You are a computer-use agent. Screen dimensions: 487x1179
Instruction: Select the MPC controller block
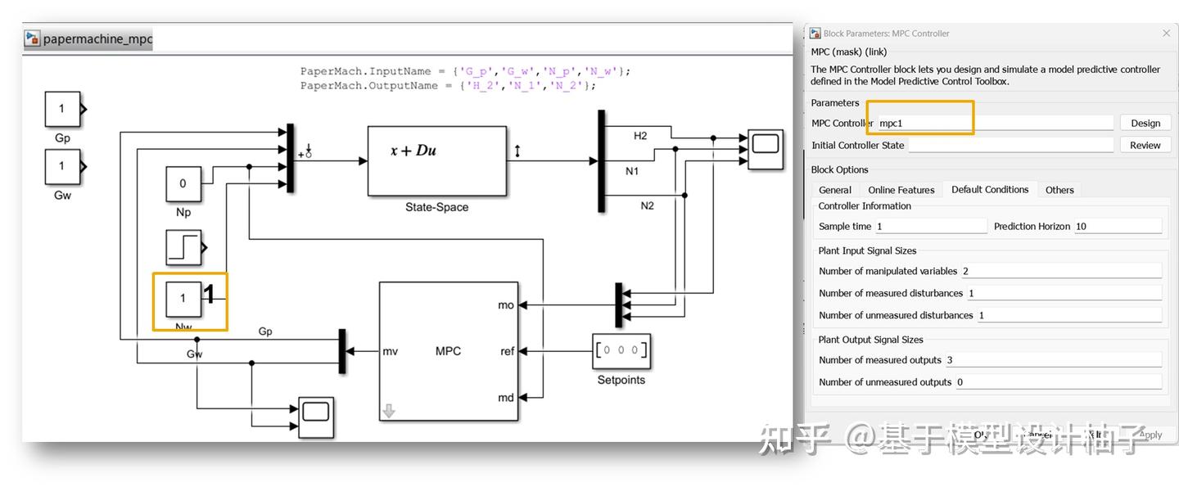pos(449,351)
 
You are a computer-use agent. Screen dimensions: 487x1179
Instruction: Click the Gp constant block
pos(62,110)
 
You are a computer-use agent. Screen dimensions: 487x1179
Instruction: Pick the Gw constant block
pos(62,167)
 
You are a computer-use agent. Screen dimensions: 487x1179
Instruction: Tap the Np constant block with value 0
pos(183,184)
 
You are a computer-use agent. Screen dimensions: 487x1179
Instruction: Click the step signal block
pos(183,247)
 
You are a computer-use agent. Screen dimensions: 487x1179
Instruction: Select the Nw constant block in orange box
pos(183,299)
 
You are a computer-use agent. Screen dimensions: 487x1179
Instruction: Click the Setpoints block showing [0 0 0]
pos(621,351)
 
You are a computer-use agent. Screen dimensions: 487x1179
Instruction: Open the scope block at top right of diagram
pos(765,148)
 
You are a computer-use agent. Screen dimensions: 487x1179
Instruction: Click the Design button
pos(1145,123)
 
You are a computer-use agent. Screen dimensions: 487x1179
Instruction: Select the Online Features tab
pos(901,190)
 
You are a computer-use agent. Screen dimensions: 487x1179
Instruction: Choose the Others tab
pos(1059,190)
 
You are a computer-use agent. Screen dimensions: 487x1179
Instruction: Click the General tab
pos(835,190)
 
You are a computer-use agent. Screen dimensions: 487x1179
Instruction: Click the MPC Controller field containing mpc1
pos(994,123)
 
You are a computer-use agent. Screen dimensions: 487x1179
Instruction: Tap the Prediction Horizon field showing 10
pos(1117,227)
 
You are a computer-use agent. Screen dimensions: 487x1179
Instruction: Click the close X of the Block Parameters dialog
pos(1166,34)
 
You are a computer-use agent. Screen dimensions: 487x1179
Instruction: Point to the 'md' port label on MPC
pos(506,398)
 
